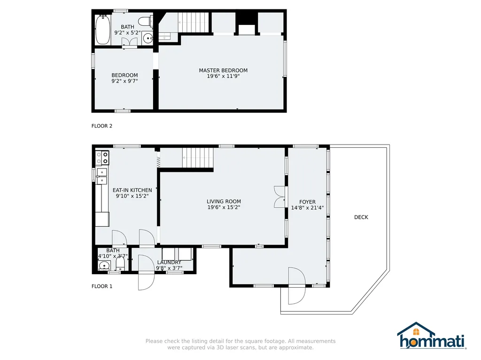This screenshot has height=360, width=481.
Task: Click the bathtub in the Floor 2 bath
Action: (102, 30)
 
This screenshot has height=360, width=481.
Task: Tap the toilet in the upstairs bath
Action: (146, 21)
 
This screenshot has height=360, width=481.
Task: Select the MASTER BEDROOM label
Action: (223, 70)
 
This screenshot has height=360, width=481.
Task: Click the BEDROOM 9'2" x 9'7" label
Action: (124, 78)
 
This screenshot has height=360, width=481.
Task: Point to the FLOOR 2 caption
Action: (102, 126)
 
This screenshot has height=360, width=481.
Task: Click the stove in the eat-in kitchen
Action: (102, 158)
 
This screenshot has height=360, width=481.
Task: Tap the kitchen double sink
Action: (102, 176)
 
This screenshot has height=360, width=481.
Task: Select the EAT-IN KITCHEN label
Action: (132, 190)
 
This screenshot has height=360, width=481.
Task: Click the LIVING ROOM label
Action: (224, 201)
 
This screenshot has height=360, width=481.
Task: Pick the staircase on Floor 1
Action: (198, 158)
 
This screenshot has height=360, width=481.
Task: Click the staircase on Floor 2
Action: (194, 22)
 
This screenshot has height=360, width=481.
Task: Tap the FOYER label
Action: (307, 202)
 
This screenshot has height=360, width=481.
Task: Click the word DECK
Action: (361, 217)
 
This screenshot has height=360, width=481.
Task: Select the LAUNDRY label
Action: (169, 262)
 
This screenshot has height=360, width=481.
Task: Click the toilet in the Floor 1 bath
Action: (120, 263)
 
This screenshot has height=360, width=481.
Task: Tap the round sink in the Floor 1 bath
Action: (105, 266)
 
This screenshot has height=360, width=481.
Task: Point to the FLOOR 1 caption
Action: (102, 286)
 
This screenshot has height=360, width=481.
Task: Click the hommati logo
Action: (432, 336)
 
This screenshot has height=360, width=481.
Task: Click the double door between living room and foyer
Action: (280, 197)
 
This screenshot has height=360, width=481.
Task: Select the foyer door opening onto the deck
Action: (297, 286)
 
